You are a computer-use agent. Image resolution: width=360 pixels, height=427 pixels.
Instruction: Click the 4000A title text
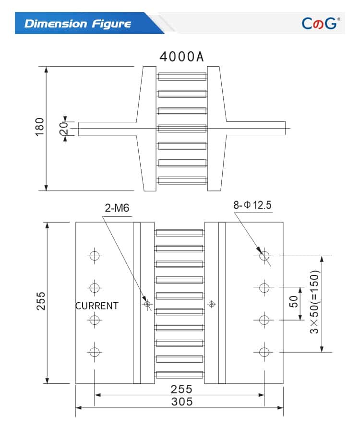coord(182,57)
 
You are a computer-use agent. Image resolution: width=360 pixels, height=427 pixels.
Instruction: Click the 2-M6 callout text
coord(117,208)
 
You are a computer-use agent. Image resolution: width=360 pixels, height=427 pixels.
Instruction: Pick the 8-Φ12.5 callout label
coord(252,205)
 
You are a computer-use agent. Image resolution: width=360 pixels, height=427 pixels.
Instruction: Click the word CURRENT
coord(97,306)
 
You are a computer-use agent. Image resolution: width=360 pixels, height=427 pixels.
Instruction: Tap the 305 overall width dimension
coord(181,402)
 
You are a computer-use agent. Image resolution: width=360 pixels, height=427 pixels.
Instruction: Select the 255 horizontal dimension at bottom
coord(181,389)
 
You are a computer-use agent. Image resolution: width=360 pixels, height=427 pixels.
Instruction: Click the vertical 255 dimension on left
coord(41,301)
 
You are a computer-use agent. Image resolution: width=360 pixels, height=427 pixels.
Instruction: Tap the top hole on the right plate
coord(263,255)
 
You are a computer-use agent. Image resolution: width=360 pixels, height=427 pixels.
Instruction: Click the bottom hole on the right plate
coord(263,352)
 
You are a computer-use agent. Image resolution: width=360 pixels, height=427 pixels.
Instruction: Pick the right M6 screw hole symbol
coord(211,304)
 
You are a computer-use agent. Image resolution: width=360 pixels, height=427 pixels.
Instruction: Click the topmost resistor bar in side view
coord(182,76)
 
